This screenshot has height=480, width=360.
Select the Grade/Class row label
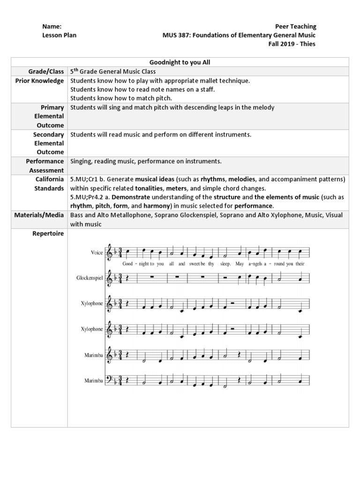coord(46,71)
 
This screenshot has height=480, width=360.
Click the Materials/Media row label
coord(38,215)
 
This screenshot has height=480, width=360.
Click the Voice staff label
coord(97,253)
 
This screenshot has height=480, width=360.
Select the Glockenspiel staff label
coord(90,278)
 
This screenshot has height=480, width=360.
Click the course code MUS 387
coord(175,35)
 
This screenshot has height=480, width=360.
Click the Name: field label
coord(52,26)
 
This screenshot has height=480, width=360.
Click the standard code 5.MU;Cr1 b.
coord(88,179)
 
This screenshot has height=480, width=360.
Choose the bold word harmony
coord(157,206)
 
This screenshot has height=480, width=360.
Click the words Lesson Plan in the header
coord(60,35)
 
